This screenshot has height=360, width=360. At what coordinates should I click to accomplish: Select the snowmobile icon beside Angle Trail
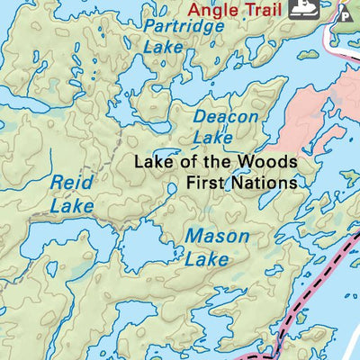pos(301,10)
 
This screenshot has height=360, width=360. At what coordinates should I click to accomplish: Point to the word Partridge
pos(183,27)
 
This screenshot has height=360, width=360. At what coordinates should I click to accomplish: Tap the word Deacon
pos(226,117)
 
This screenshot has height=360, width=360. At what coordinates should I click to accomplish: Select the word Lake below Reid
pos(71,206)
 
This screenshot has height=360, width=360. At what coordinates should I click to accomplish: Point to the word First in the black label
pos(205,183)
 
